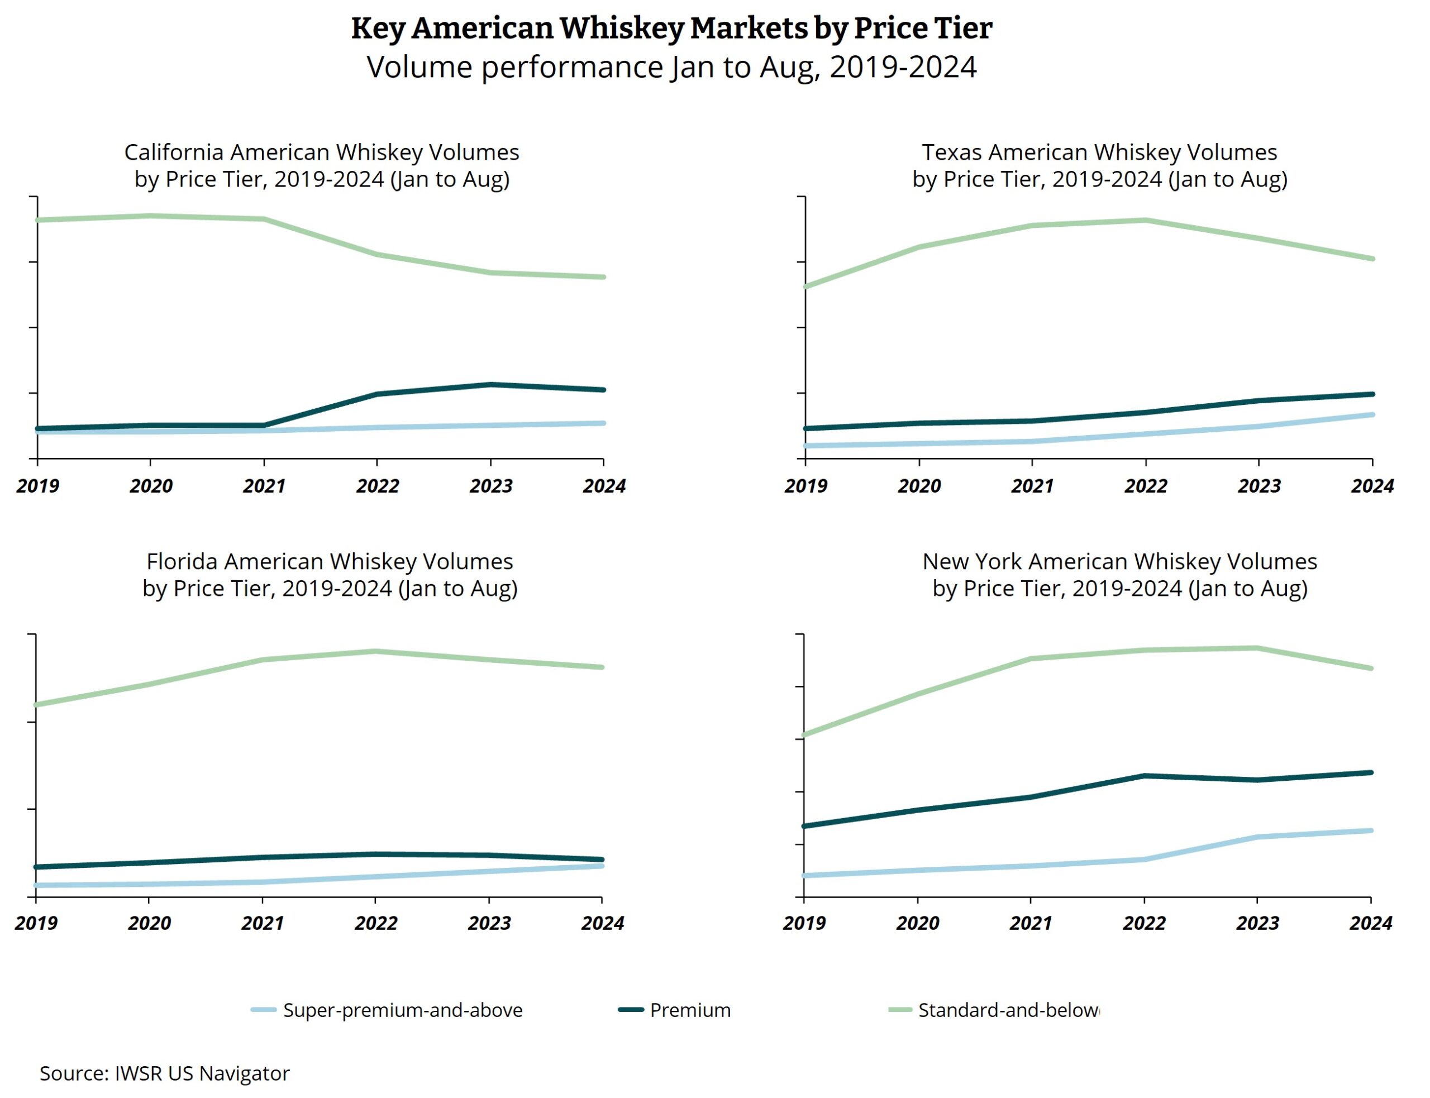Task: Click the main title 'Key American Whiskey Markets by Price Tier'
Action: tap(671, 28)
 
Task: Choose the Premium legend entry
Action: tap(689, 1010)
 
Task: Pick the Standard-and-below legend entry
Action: tap(1007, 1010)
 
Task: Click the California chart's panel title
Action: tap(322, 165)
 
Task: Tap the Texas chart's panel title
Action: tap(1099, 165)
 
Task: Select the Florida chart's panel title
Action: tap(330, 575)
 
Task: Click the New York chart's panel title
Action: tap(1119, 575)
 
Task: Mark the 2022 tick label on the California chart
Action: tap(377, 485)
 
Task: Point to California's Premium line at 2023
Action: tap(490, 384)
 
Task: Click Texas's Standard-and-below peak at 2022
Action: tap(1145, 220)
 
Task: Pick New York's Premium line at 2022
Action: tap(1144, 776)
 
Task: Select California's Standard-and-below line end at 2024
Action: tap(603, 277)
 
